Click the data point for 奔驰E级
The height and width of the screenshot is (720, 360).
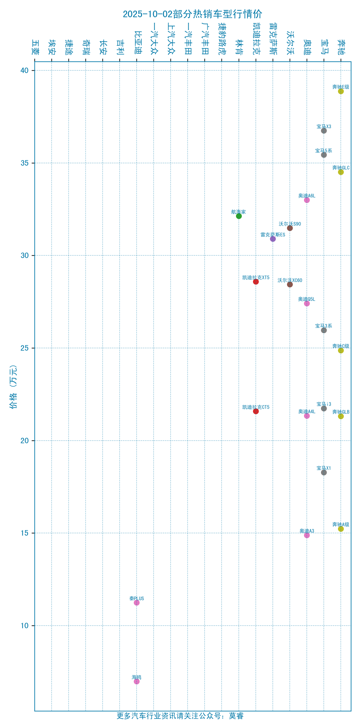[341, 91]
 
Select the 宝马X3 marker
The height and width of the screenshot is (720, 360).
[324, 131]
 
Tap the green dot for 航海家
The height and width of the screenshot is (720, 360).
[239, 216]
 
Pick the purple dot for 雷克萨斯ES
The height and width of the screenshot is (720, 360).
[273, 239]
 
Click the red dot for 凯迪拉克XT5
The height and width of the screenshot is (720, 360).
[256, 282]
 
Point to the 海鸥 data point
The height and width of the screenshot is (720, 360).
[137, 682]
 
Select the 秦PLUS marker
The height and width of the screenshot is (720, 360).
[137, 603]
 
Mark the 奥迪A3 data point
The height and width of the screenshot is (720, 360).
[307, 535]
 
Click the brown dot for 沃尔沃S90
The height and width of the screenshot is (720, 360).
[290, 228]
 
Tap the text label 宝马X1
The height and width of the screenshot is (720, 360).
[324, 468]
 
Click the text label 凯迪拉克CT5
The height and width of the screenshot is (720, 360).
[256, 407]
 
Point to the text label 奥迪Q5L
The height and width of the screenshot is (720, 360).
[307, 299]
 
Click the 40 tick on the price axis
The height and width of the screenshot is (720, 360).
[25, 70]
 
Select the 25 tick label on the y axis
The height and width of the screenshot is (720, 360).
[25, 348]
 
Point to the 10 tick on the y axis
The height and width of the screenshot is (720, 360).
[25, 626]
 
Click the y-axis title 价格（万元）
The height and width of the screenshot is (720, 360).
[13, 387]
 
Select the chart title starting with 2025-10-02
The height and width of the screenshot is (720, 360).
[192, 14]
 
